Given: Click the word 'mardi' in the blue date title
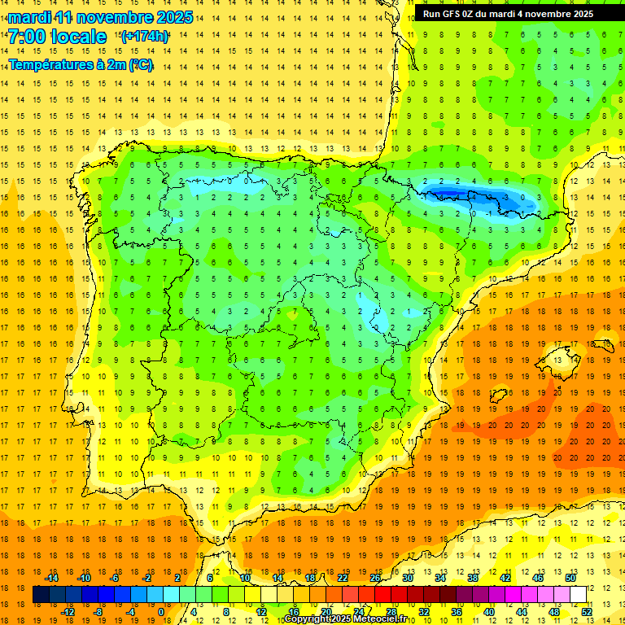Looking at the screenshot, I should point(28,17).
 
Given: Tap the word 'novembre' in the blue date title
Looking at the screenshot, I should point(115,17).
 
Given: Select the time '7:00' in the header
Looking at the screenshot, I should point(27,37).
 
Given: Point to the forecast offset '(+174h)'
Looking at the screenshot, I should point(145,37).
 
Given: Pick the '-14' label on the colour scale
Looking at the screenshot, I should point(52,578).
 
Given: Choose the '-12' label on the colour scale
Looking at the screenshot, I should point(68,612).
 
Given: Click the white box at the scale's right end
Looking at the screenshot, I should point(578,595).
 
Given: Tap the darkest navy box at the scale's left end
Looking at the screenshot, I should point(41,595).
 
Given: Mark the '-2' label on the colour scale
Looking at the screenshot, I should point(146,578).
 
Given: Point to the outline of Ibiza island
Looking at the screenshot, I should point(497,396).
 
